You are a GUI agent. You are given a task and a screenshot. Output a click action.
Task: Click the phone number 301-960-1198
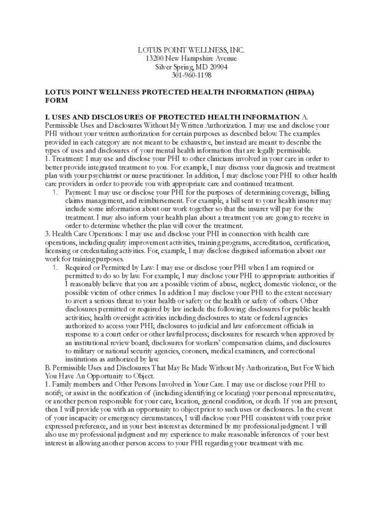(191, 76)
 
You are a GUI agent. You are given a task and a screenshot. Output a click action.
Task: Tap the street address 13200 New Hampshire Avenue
(191, 59)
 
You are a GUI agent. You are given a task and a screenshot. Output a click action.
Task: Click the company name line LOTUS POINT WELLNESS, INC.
(191, 50)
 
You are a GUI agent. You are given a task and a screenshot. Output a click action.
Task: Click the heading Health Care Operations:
(87, 234)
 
